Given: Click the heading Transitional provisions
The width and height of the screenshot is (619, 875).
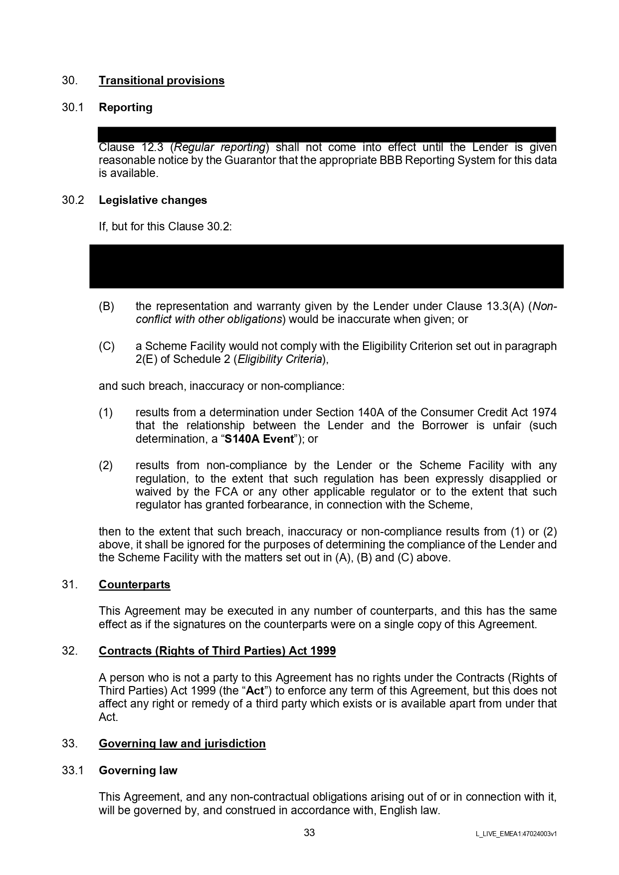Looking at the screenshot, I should click(x=162, y=81).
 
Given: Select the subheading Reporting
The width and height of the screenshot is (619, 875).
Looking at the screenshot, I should click(x=126, y=108).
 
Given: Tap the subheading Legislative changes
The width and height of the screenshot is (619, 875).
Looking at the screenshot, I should click(x=153, y=200).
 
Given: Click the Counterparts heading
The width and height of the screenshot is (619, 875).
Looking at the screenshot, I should click(x=135, y=585).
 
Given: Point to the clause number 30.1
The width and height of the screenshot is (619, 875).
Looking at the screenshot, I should click(x=73, y=108).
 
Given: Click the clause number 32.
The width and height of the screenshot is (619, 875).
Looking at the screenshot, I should click(x=70, y=651).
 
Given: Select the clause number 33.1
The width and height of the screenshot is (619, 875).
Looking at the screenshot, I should click(x=73, y=771).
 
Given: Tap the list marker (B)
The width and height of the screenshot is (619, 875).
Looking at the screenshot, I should click(x=107, y=307).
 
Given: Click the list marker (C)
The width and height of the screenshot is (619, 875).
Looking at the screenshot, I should click(x=107, y=347).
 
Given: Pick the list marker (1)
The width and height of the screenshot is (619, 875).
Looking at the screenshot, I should click(x=106, y=413).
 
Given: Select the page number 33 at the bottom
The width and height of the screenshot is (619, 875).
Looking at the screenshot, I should click(x=309, y=833).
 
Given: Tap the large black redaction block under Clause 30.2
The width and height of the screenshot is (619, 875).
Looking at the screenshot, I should click(x=326, y=266).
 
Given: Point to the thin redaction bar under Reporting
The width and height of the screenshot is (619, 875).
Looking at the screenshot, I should click(x=326, y=135).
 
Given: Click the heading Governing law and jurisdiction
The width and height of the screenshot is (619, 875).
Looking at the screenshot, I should click(x=182, y=744).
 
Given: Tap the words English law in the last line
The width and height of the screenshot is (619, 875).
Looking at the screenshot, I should click(x=410, y=811).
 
